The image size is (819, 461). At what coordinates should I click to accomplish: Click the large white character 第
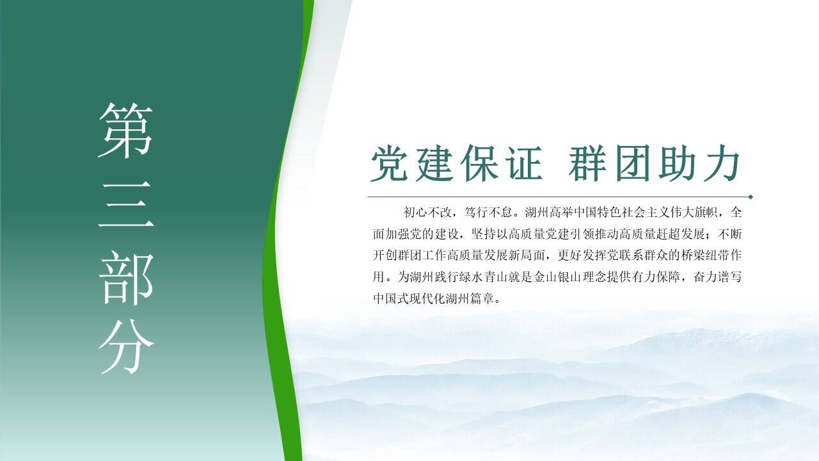(x=125, y=130)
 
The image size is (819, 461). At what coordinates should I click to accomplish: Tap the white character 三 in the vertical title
(x=126, y=204)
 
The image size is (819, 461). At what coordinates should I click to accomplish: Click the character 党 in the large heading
(x=390, y=163)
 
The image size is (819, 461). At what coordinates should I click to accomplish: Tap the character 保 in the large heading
(x=479, y=163)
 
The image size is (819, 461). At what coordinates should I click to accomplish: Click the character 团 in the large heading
(x=633, y=163)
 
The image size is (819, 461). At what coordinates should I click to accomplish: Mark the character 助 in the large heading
(x=677, y=163)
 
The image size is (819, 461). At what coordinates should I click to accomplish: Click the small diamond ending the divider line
(x=751, y=197)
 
